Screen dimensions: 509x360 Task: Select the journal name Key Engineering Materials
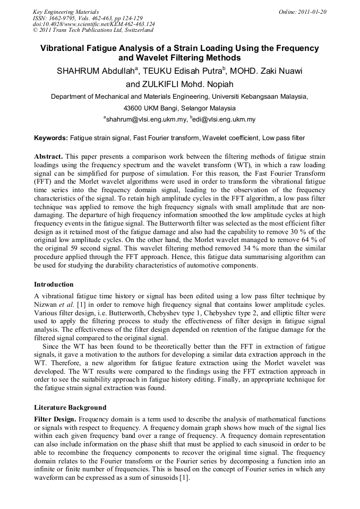(66, 11)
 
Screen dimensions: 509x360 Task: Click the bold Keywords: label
(51, 138)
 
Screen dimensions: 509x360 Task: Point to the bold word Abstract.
(48, 157)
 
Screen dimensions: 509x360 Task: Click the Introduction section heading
(54, 284)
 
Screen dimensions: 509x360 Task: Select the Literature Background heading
(70, 408)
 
